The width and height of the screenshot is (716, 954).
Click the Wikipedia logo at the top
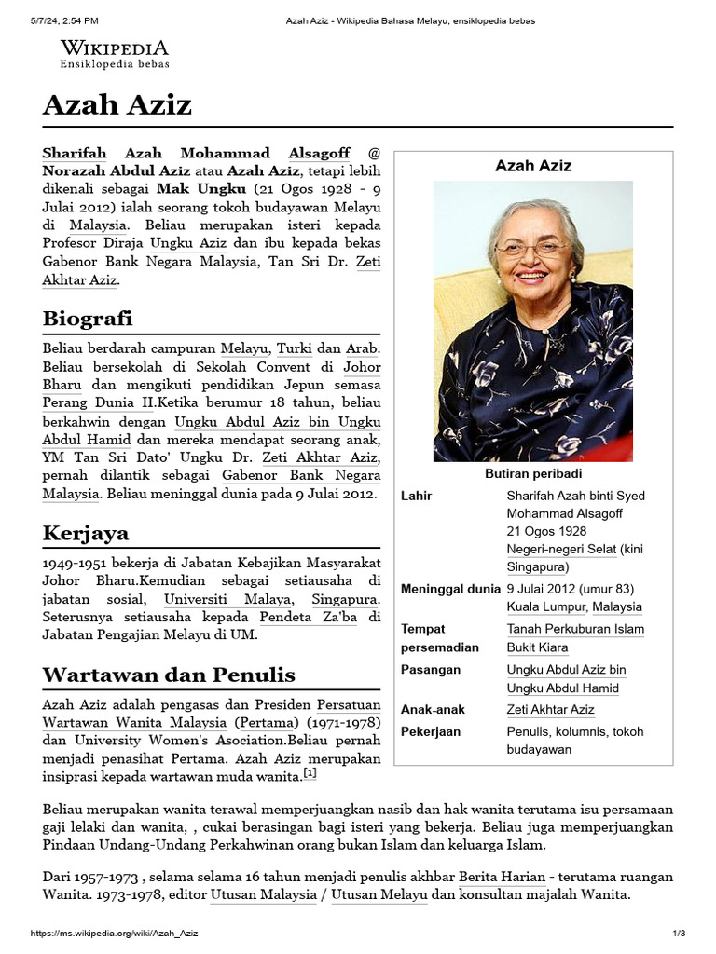tap(115, 54)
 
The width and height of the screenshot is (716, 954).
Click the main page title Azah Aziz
tap(117, 105)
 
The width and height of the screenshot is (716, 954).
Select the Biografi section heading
tap(88, 319)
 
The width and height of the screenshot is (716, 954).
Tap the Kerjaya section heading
tap(86, 533)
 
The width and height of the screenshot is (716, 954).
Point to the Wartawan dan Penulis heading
tap(169, 675)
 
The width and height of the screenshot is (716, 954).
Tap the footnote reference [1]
tap(310, 773)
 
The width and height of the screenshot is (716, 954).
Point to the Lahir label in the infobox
tap(416, 496)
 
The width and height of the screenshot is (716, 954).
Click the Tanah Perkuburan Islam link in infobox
tap(575, 629)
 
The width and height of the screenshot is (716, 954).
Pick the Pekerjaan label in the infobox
tap(431, 731)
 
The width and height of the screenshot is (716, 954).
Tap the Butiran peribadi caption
tap(532, 473)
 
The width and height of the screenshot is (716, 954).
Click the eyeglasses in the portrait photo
tap(531, 249)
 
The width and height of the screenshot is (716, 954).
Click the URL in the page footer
tap(114, 934)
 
